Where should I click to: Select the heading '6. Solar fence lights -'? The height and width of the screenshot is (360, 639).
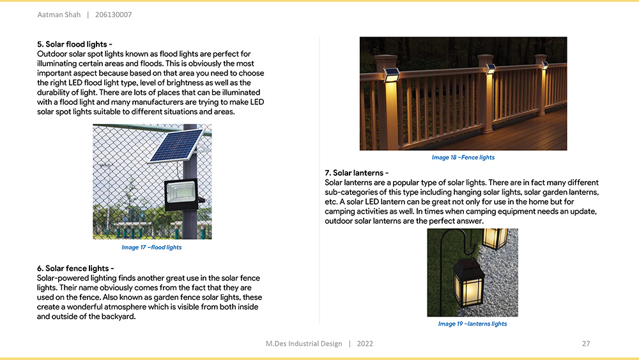[75, 269]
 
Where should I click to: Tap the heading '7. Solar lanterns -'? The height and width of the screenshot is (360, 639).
[357, 173]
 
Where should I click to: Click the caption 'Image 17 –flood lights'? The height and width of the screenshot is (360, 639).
[151, 247]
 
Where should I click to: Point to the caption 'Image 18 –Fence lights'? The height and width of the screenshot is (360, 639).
[463, 157]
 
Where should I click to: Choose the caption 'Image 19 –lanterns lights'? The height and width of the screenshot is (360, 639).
[472, 324]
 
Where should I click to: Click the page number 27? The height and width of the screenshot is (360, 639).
[586, 344]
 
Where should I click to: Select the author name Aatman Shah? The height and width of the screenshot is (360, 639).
[58, 15]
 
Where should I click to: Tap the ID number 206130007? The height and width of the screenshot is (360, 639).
[113, 15]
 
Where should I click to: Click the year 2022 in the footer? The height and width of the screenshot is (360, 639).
[365, 344]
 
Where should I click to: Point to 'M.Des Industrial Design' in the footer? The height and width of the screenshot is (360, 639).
[304, 344]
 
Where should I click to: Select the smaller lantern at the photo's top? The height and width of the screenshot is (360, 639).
[494, 238]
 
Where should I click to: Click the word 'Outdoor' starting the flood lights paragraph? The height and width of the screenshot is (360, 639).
[51, 54]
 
